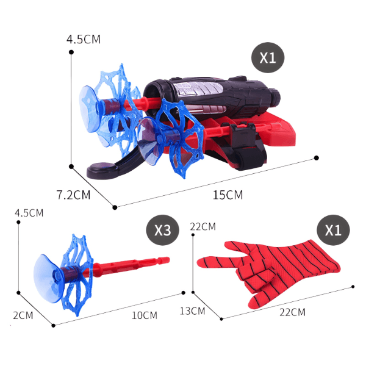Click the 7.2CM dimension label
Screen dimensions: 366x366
click(73, 195)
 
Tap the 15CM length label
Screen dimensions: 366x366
click(228, 195)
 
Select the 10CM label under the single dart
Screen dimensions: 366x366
click(145, 315)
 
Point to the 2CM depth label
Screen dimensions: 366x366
click(23, 315)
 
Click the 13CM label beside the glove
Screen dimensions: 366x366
click(193, 311)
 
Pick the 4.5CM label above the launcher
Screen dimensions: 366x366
click(84, 39)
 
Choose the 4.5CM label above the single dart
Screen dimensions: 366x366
click(29, 213)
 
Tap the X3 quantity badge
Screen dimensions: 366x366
click(163, 230)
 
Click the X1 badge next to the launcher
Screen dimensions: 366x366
click(268, 57)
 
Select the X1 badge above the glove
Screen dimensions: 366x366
click(333, 230)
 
